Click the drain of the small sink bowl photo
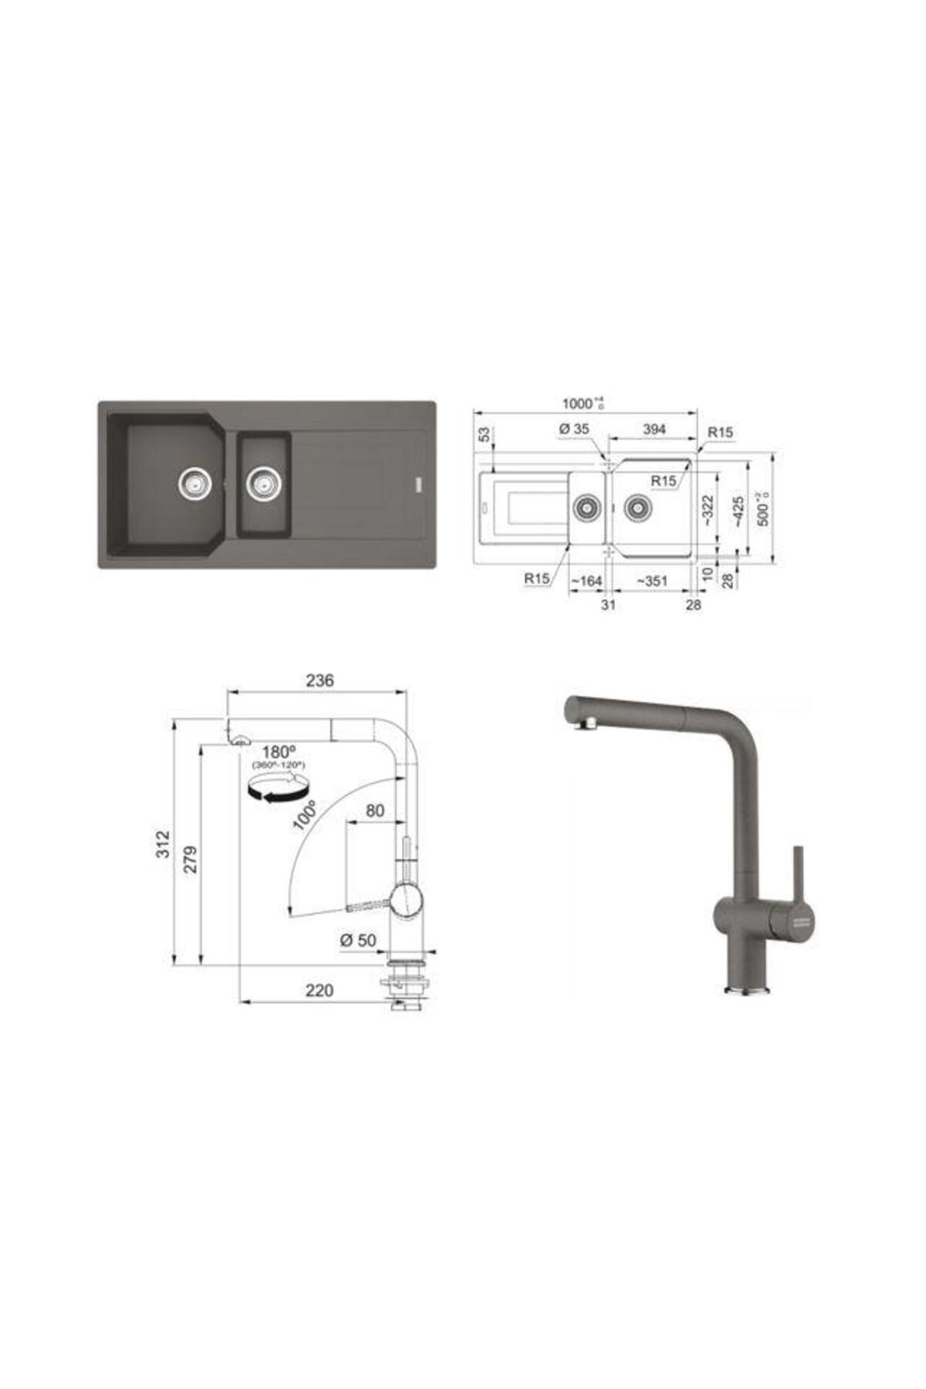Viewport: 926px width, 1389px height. pos(263,483)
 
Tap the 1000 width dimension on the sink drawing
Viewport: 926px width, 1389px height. pos(580,403)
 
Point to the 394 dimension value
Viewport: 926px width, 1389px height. pos(654,428)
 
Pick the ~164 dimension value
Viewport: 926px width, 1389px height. pos(586,581)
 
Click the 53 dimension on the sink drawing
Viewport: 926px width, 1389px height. pos(485,434)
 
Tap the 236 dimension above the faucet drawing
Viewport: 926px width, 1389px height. pos(319,680)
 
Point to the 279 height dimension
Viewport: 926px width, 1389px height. pos(191,859)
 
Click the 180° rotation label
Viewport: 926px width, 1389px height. pos(279,752)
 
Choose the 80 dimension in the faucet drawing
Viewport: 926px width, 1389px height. pos(374,810)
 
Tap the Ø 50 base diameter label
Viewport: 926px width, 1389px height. pos(357,940)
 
